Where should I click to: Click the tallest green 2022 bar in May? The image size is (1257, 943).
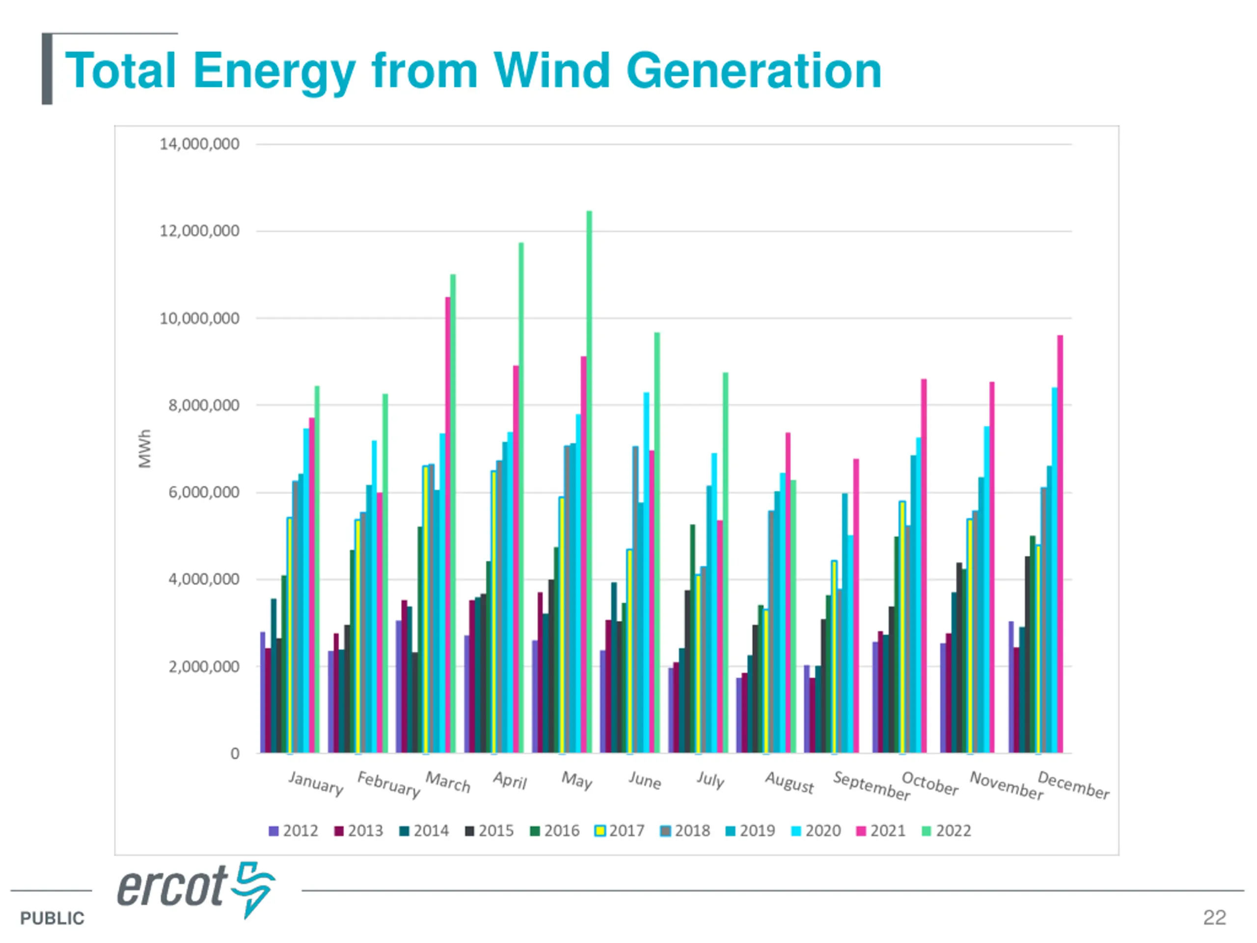click(x=589, y=483)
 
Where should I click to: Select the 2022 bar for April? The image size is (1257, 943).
click(x=521, y=500)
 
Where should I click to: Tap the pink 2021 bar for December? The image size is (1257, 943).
click(x=1060, y=546)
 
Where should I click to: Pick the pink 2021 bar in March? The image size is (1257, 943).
click(x=448, y=526)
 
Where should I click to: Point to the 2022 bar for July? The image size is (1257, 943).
click(x=725, y=563)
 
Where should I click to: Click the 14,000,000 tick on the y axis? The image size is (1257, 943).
click(x=199, y=144)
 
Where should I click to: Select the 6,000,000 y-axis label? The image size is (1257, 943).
click(x=203, y=492)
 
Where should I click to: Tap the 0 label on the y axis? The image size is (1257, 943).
click(x=235, y=754)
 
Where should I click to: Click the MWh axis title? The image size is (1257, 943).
click(x=145, y=449)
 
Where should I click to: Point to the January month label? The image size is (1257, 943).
click(x=315, y=783)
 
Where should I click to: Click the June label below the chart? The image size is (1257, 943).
click(x=644, y=780)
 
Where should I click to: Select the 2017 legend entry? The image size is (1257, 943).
click(x=620, y=831)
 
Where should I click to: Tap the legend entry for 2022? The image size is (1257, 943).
click(x=947, y=831)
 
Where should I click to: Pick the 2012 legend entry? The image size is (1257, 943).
click(x=294, y=831)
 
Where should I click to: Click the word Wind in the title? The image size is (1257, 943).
click(x=551, y=71)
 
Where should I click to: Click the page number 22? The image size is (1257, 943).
click(x=1214, y=917)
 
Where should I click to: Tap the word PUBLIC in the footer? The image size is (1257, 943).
click(x=52, y=918)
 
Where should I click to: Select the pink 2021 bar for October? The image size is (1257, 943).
click(x=924, y=568)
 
